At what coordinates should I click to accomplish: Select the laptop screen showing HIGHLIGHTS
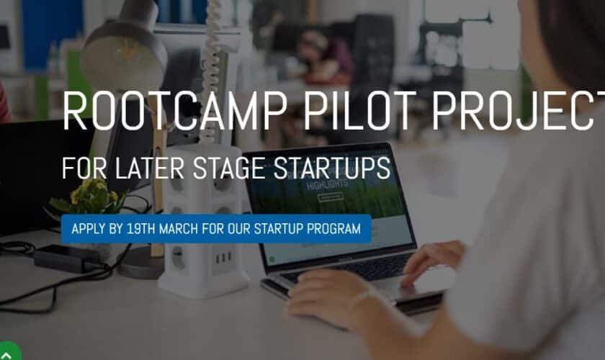[328, 209]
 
